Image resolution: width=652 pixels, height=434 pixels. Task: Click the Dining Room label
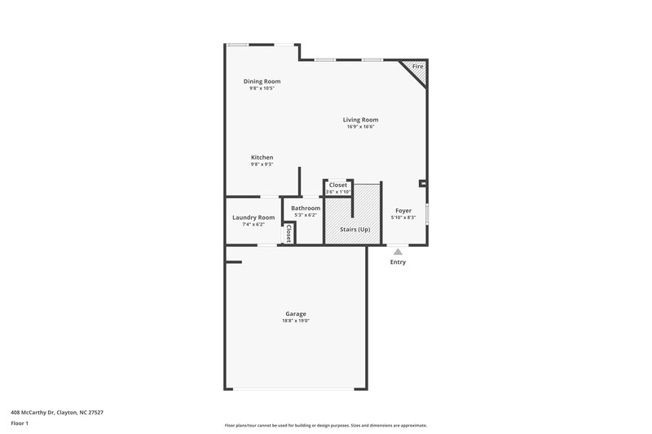262,81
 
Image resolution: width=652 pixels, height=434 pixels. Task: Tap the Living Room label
360,120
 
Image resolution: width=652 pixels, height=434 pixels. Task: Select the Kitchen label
262,157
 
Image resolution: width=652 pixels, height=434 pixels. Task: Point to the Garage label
296,313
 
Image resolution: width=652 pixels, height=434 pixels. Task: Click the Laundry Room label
253,217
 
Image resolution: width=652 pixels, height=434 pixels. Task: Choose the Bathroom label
306,208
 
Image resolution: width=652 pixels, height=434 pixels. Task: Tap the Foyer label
403,210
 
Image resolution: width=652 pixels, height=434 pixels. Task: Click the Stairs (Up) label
355,230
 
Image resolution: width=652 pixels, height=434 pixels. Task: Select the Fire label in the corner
417,66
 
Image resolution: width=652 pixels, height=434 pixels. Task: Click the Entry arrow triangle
398,252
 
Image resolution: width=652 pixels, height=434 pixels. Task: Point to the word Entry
398,262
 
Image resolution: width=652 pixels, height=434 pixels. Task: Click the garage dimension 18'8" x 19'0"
296,321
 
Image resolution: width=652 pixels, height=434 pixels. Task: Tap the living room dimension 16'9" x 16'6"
360,127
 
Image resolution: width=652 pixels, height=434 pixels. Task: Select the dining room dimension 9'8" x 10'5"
262,88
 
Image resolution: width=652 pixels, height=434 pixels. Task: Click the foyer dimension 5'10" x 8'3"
403,217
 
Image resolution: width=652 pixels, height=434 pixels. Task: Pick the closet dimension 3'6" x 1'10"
337,191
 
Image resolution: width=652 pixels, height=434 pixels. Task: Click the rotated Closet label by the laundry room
288,234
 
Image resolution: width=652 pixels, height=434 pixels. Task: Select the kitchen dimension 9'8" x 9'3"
262,164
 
